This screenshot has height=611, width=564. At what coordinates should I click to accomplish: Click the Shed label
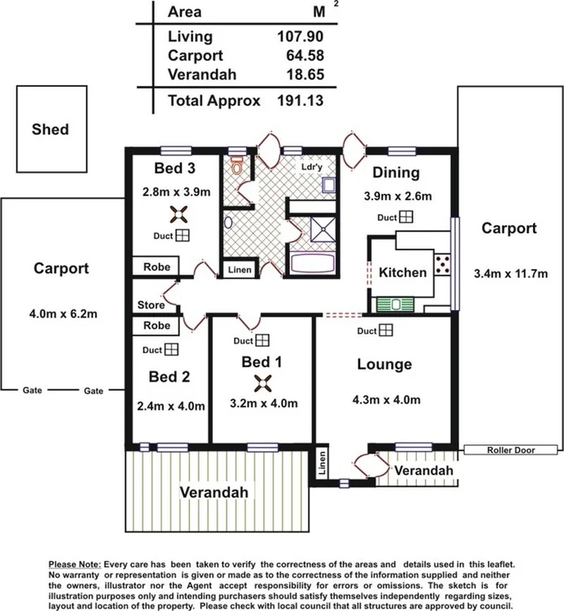(50, 129)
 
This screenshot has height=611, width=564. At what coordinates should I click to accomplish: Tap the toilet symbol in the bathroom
(237, 165)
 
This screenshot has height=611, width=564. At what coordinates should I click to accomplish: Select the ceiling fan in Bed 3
(178, 214)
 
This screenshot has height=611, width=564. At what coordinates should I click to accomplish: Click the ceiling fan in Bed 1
(263, 384)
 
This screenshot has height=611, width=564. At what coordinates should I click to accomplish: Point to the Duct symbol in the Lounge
(386, 330)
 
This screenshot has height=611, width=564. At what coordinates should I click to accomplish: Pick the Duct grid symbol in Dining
(406, 217)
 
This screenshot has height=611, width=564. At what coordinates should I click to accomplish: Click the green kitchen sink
(395, 304)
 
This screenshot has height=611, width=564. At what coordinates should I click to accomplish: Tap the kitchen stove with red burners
(443, 264)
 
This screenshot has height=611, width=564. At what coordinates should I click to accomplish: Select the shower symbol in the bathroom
(323, 230)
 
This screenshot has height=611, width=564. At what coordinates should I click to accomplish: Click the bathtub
(314, 263)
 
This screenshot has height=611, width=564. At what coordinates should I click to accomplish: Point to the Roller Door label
(511, 450)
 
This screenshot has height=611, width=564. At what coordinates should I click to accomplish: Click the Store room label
(151, 305)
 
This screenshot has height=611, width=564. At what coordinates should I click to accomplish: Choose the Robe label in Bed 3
(157, 267)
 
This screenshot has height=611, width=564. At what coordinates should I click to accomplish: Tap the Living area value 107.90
(300, 36)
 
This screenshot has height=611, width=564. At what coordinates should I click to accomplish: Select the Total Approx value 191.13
(300, 101)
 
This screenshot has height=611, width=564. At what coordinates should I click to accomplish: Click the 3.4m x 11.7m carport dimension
(511, 273)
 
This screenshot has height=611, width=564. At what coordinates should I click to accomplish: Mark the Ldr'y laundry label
(312, 167)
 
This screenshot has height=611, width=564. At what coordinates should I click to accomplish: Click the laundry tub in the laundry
(329, 186)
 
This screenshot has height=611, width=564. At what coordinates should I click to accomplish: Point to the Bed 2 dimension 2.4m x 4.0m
(171, 406)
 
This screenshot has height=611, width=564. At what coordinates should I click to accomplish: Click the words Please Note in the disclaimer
(74, 564)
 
